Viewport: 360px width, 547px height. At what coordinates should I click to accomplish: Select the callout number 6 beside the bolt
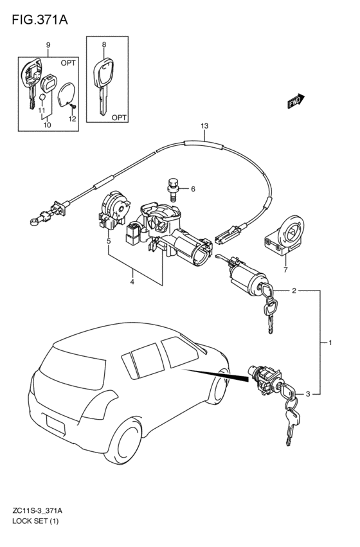click(192, 189)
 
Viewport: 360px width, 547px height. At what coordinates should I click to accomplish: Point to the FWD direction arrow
click(295, 102)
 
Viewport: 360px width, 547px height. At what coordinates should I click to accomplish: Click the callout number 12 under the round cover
click(72, 120)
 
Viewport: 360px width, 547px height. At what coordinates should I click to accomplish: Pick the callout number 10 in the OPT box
click(47, 126)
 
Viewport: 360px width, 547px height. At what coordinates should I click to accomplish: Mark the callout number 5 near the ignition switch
click(109, 242)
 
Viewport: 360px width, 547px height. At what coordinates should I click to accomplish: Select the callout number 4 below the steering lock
click(132, 281)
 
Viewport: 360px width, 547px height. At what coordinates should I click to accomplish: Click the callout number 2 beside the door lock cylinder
click(294, 291)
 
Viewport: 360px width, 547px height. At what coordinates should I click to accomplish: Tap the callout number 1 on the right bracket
click(330, 343)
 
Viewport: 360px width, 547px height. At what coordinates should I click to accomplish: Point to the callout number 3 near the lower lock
click(308, 394)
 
